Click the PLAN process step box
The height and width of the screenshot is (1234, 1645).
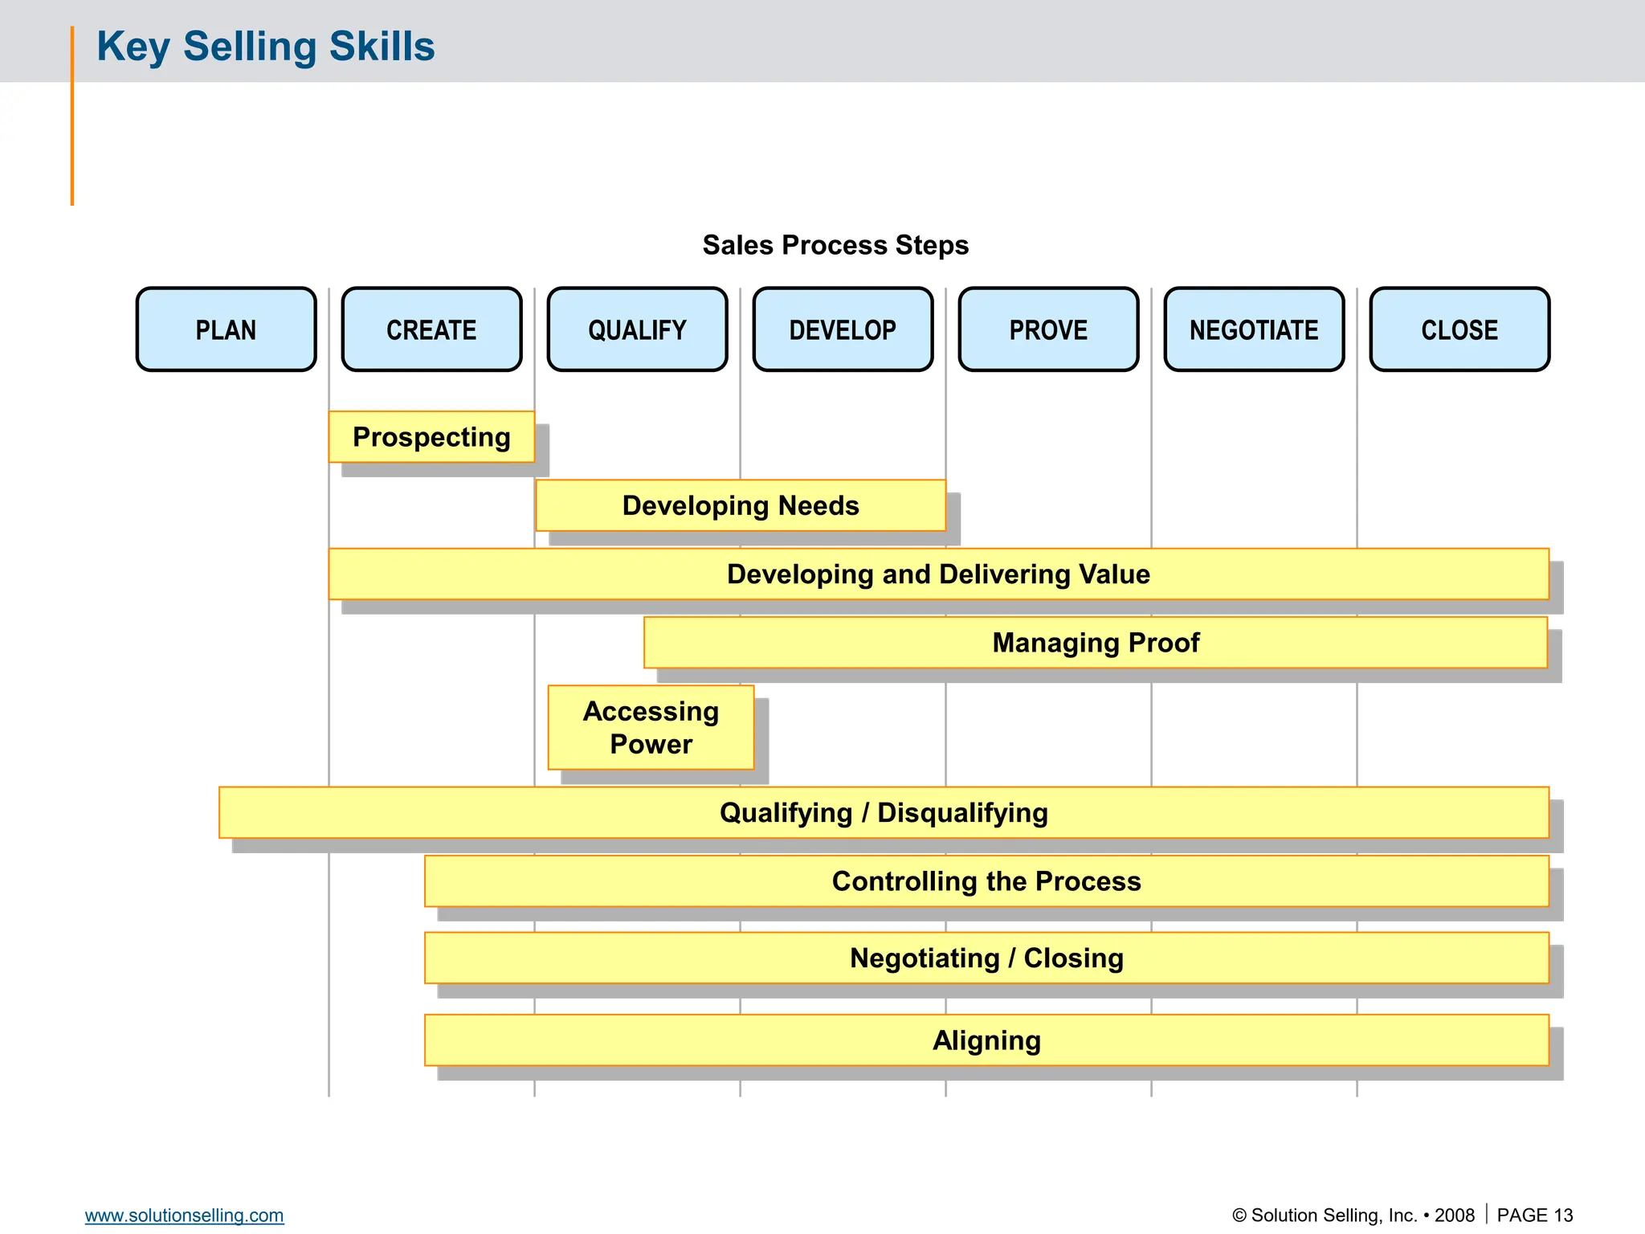[x=226, y=329]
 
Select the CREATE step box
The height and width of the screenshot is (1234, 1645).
[x=431, y=329]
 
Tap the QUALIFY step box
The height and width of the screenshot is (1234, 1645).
[x=637, y=329]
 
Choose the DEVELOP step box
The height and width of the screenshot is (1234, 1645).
[x=843, y=329]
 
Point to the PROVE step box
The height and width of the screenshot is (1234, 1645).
[x=1048, y=329]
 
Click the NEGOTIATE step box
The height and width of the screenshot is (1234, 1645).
[x=1254, y=329]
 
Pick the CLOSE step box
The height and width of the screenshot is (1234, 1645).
[x=1459, y=329]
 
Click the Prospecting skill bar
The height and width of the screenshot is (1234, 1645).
[x=431, y=437]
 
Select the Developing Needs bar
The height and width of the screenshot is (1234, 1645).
[x=741, y=505]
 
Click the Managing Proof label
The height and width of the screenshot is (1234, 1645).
[x=1096, y=643]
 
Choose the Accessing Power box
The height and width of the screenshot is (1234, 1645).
[x=651, y=727]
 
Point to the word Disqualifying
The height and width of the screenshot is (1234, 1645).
[x=962, y=812]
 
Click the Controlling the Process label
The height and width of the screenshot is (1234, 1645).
[x=986, y=881]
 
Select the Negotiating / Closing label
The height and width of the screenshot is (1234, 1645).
[x=986, y=958]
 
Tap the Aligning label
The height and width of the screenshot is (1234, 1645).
[x=986, y=1040]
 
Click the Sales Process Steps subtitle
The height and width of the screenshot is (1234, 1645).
[x=835, y=245]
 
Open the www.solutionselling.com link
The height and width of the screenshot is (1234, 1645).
[x=184, y=1215]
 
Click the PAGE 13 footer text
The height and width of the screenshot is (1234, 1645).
[x=1534, y=1215]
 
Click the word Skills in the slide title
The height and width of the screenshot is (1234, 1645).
[x=382, y=46]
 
